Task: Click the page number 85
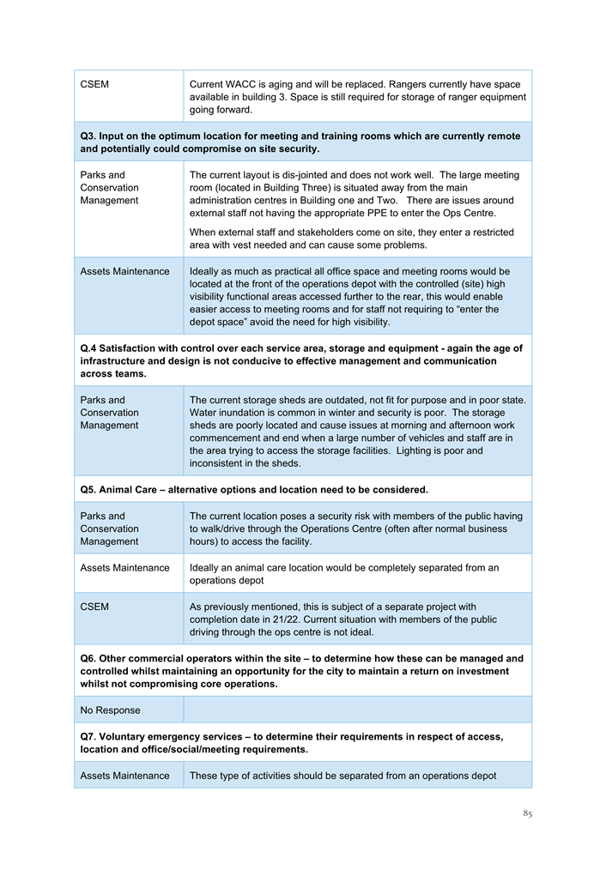pyautogui.click(x=526, y=813)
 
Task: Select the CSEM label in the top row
pyautogui.click(x=94, y=85)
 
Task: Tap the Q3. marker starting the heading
pyautogui.click(x=89, y=136)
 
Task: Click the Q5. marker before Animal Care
pyautogui.click(x=88, y=489)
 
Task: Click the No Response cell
pyautogui.click(x=110, y=710)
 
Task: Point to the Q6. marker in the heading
pyautogui.click(x=89, y=659)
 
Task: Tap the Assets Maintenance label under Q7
pyautogui.click(x=124, y=776)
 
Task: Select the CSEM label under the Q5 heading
pyautogui.click(x=94, y=607)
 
